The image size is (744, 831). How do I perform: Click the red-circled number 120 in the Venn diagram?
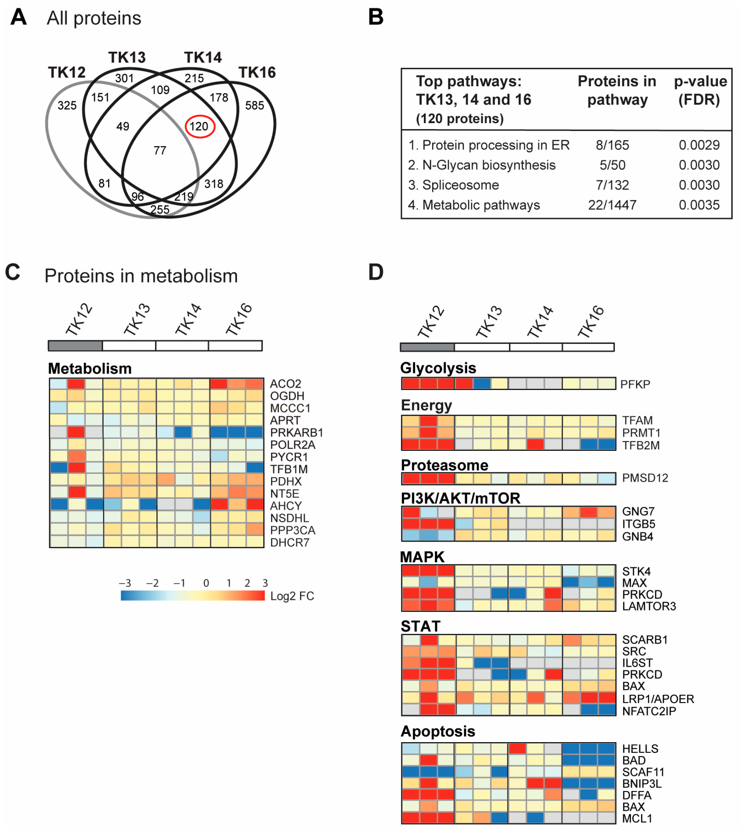point(199,126)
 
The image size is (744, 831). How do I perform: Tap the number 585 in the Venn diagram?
point(254,105)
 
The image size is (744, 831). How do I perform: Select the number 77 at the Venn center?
point(160,151)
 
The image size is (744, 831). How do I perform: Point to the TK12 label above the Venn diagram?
point(67,72)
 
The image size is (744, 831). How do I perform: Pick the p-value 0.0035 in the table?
point(699,205)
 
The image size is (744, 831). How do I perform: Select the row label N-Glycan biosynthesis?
point(482,165)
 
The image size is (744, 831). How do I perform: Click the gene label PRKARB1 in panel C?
point(296,433)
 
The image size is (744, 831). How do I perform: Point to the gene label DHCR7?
point(290,543)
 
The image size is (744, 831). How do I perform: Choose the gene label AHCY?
point(286,506)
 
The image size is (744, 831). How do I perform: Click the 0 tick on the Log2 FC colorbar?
point(206,583)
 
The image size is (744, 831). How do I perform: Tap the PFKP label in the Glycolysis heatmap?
point(635,384)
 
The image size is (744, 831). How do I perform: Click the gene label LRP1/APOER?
point(658,699)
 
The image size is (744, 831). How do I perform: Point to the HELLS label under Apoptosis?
point(640,749)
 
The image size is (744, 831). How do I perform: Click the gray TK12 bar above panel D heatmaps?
point(427,347)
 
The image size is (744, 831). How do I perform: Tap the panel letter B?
point(376,17)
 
